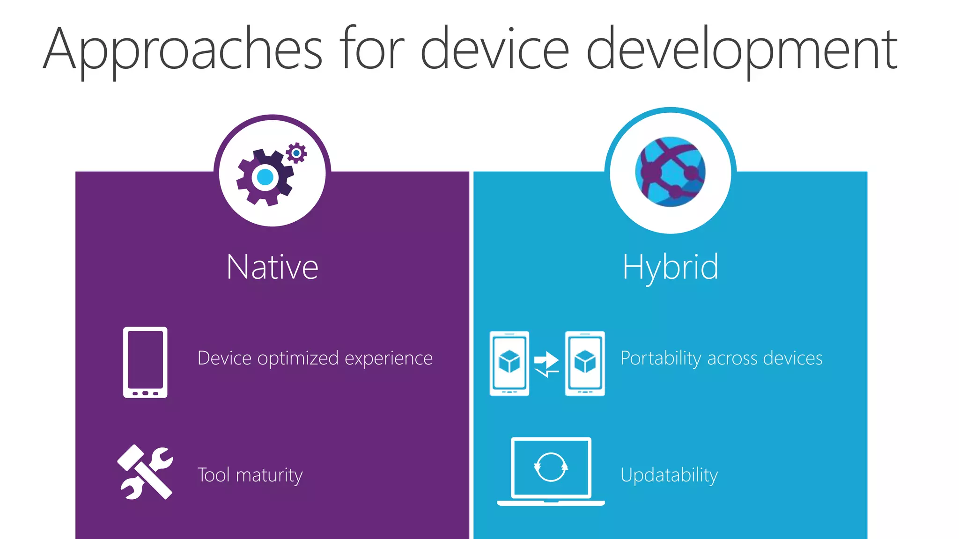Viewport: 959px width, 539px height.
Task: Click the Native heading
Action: pyautogui.click(x=273, y=267)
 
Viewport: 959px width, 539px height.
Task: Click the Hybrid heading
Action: pyautogui.click(x=670, y=267)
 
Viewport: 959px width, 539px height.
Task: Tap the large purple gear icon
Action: pyautogui.click(x=265, y=177)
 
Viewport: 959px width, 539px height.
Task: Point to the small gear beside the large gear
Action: pyautogui.click(x=296, y=153)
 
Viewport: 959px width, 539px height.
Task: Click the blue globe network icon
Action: pyautogui.click(x=670, y=172)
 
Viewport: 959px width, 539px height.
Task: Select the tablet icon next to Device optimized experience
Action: pyautogui.click(x=145, y=362)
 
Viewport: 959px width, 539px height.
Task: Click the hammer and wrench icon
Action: pyautogui.click(x=145, y=472)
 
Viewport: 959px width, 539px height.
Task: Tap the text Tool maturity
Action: pyautogui.click(x=250, y=475)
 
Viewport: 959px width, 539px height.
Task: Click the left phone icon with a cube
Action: pyautogui.click(x=509, y=363)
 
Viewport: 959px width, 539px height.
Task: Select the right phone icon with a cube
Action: pyautogui.click(x=585, y=363)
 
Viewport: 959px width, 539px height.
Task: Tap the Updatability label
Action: pyautogui.click(x=669, y=475)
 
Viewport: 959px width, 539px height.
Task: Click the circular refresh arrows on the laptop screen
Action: pyautogui.click(x=551, y=467)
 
